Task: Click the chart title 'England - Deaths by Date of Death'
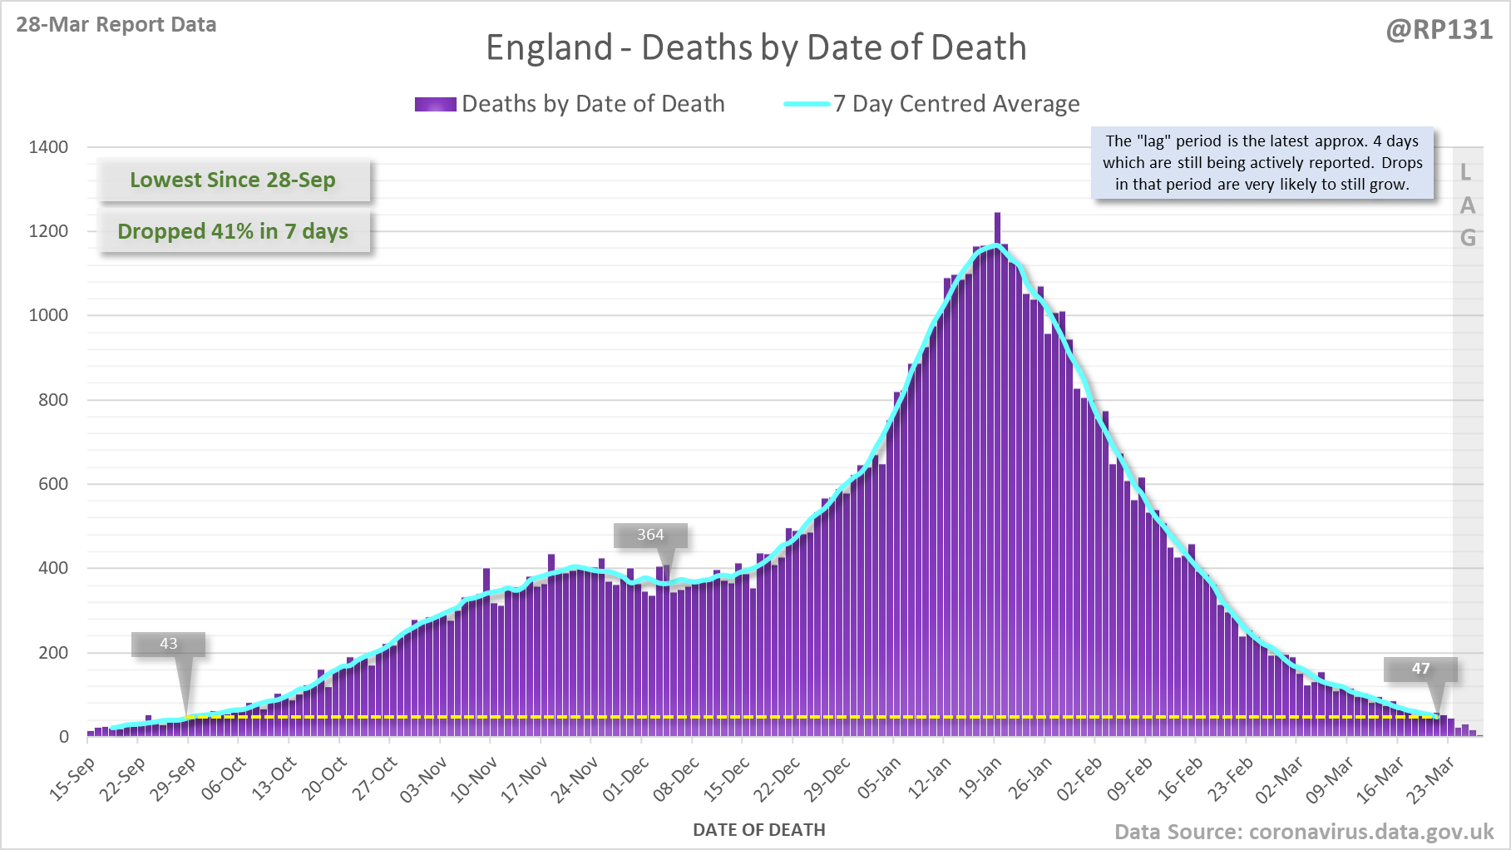(x=756, y=47)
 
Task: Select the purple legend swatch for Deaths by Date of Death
(x=435, y=104)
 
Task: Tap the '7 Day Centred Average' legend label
(x=956, y=104)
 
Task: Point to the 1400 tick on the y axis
(x=48, y=147)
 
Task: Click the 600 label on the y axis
(x=53, y=484)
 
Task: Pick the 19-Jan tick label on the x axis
(x=981, y=778)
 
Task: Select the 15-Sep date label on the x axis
(x=73, y=778)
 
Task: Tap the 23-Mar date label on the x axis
(x=1432, y=778)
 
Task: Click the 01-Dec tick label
(x=627, y=778)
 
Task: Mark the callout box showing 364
(x=650, y=535)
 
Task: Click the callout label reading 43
(x=168, y=644)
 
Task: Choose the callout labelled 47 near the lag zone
(x=1420, y=669)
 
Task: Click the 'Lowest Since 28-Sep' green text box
(x=233, y=180)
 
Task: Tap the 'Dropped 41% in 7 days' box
(x=233, y=231)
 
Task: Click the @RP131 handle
(x=1439, y=30)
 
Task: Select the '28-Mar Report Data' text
(x=116, y=24)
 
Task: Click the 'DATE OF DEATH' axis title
(x=758, y=829)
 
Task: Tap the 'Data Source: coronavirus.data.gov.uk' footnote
(x=1304, y=832)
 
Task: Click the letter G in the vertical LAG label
(x=1468, y=239)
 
